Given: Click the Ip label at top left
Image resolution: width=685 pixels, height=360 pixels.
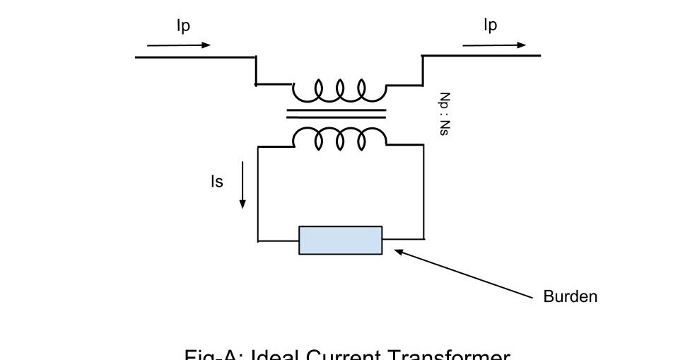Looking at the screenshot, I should [x=183, y=26].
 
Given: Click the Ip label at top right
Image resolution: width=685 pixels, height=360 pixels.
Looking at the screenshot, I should [x=490, y=25].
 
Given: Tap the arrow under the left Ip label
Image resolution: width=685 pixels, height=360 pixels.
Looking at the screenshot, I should [x=179, y=45].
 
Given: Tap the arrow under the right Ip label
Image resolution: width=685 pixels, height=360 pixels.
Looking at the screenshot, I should [x=495, y=45].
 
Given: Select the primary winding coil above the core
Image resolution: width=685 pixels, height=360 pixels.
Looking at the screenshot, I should [x=340, y=91].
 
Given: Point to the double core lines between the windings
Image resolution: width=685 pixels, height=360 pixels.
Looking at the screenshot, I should [x=336, y=113].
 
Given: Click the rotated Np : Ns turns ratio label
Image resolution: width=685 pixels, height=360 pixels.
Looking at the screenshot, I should [x=444, y=114].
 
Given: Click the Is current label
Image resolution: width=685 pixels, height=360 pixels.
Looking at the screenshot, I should [x=216, y=182].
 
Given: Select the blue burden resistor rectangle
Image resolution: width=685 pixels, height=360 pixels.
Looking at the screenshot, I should [x=340, y=240].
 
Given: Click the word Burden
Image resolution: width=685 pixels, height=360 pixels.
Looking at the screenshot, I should [x=570, y=297].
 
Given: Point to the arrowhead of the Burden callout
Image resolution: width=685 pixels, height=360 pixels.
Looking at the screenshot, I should [x=398, y=251].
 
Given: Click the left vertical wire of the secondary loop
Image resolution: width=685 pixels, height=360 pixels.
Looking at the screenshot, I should [x=258, y=194].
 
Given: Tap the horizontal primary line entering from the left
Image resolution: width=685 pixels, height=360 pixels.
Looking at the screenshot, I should [x=194, y=57].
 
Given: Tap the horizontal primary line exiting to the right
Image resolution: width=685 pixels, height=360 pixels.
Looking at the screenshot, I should [x=481, y=55].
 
